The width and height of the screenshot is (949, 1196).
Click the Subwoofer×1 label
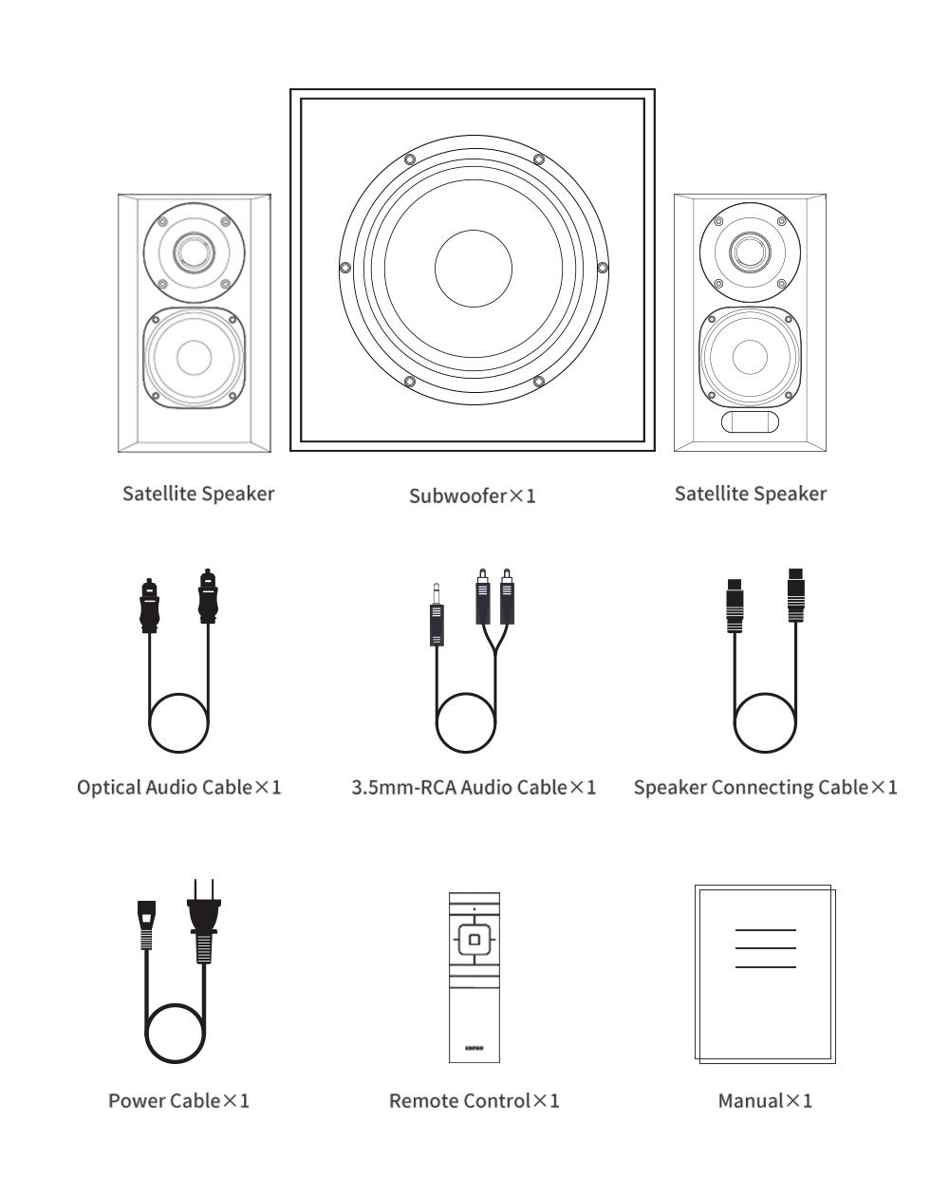(x=472, y=495)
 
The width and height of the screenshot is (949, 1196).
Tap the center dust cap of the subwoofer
(x=473, y=269)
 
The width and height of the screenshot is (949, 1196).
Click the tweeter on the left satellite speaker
(x=194, y=252)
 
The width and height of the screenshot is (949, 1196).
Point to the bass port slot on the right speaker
(x=750, y=422)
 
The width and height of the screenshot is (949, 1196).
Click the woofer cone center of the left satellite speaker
(x=194, y=358)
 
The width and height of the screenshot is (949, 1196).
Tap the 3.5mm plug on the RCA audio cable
(x=437, y=617)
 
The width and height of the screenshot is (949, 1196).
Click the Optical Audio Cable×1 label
(x=179, y=788)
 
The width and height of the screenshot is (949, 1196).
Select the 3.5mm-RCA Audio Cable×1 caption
(x=474, y=788)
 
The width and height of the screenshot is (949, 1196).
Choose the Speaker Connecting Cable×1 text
(x=765, y=788)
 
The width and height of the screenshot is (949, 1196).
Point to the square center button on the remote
(x=474, y=940)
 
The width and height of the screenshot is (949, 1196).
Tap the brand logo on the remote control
(x=474, y=1049)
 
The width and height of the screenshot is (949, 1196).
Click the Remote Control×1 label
(x=474, y=1101)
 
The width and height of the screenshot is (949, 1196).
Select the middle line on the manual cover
(x=765, y=948)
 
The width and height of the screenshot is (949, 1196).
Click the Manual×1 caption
(x=765, y=1101)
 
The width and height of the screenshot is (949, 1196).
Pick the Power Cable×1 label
(x=178, y=1101)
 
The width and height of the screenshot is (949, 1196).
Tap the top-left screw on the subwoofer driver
(x=408, y=159)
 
